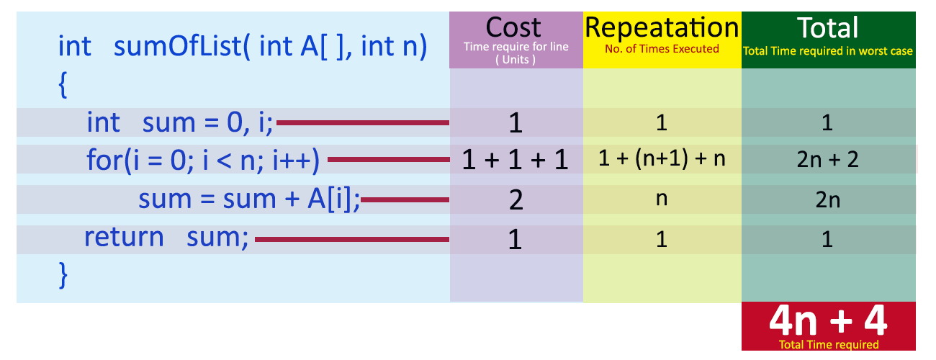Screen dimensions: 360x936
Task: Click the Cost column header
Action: click(x=514, y=28)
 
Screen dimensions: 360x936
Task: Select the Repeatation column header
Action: click(x=662, y=27)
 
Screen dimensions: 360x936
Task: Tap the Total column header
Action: click(x=828, y=27)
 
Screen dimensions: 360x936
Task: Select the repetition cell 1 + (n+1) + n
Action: click(x=662, y=160)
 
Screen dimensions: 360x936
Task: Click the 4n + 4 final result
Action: click(x=827, y=322)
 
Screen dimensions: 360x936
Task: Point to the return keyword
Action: click(x=124, y=237)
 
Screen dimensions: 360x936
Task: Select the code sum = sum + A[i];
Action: click(x=249, y=199)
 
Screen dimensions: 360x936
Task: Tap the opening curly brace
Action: click(x=63, y=86)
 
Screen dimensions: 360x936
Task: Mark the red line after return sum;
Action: click(x=352, y=239)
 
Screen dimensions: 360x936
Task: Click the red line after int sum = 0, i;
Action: click(x=363, y=122)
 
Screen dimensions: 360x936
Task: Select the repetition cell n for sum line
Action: click(x=662, y=199)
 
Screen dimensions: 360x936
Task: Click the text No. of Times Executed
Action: click(x=662, y=49)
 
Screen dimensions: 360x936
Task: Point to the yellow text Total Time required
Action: click(x=828, y=345)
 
